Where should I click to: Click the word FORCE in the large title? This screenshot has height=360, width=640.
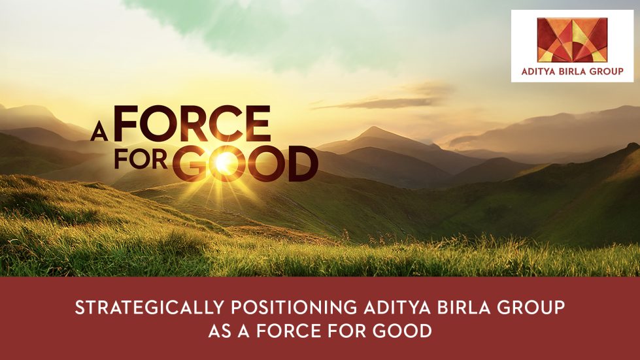tap(192, 123)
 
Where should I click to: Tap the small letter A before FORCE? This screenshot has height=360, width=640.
tap(99, 132)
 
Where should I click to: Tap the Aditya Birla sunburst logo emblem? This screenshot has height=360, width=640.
tap(572, 40)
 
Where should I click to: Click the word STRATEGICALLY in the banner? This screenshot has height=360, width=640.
tap(150, 308)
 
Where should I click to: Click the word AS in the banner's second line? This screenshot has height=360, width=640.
tap(220, 331)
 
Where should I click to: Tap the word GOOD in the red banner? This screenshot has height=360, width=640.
tap(402, 331)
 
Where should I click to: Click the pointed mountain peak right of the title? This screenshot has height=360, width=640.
tap(373, 129)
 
